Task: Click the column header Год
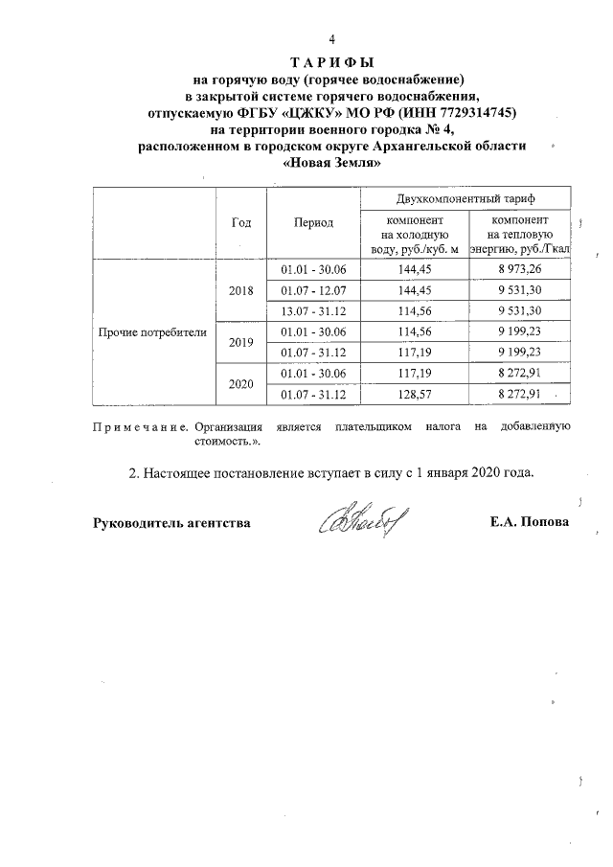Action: click(x=241, y=222)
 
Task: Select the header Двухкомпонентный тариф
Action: click(x=465, y=197)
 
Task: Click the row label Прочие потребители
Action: click(x=152, y=332)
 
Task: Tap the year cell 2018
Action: click(x=241, y=289)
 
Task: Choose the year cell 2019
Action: click(x=241, y=342)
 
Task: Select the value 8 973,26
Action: click(x=519, y=269)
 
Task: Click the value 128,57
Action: click(x=414, y=394)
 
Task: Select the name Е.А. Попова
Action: click(x=528, y=523)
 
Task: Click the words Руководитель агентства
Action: click(x=171, y=523)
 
